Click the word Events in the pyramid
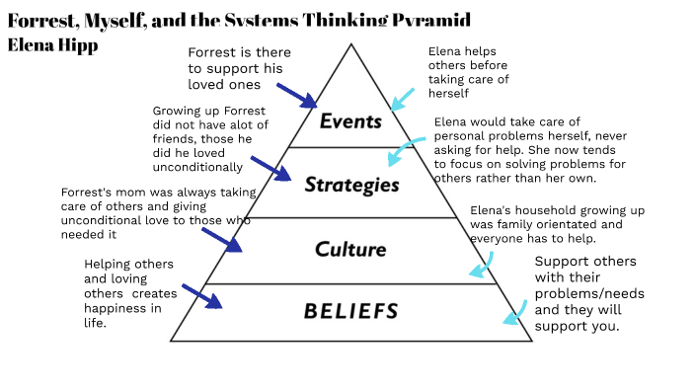pyautogui.click(x=350, y=121)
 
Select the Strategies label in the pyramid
pyautogui.click(x=351, y=184)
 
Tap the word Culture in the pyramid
pyautogui.click(x=349, y=249)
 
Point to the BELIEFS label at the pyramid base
pyautogui.click(x=350, y=311)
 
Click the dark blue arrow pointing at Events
pyautogui.click(x=296, y=95)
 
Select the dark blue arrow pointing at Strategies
pyautogui.click(x=270, y=167)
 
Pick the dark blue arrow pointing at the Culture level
pyautogui.click(x=221, y=239)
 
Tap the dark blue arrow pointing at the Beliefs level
pyautogui.click(x=201, y=295)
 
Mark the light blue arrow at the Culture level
pyautogui.click(x=481, y=265)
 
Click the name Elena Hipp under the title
pyautogui.click(x=52, y=44)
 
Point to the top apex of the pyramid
pyautogui.click(x=350, y=44)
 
